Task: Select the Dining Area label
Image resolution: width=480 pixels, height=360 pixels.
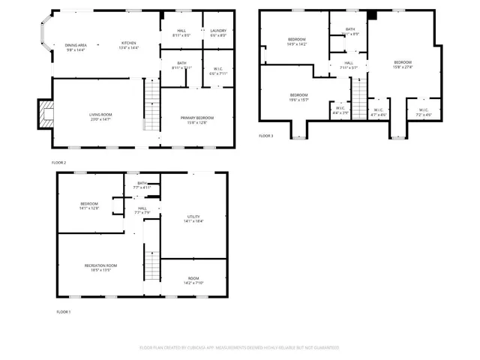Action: [76, 46]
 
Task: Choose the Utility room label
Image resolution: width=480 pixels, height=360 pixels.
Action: [193, 218]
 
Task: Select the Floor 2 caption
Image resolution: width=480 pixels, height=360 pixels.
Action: [58, 162]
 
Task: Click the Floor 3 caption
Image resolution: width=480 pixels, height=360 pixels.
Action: [266, 136]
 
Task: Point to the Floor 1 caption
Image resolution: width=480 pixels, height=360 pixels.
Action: [63, 311]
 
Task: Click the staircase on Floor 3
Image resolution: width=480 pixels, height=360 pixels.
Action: [360, 99]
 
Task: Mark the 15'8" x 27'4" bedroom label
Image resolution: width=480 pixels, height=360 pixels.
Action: [403, 64]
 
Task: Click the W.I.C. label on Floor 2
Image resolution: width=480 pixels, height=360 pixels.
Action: [218, 72]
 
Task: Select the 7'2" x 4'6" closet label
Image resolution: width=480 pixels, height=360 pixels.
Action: [424, 113]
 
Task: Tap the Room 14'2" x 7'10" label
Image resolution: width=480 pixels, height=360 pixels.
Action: [193, 280]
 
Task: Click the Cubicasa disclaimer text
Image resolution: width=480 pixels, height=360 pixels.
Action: [239, 348]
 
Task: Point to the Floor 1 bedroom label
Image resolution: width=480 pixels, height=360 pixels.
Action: [89, 205]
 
